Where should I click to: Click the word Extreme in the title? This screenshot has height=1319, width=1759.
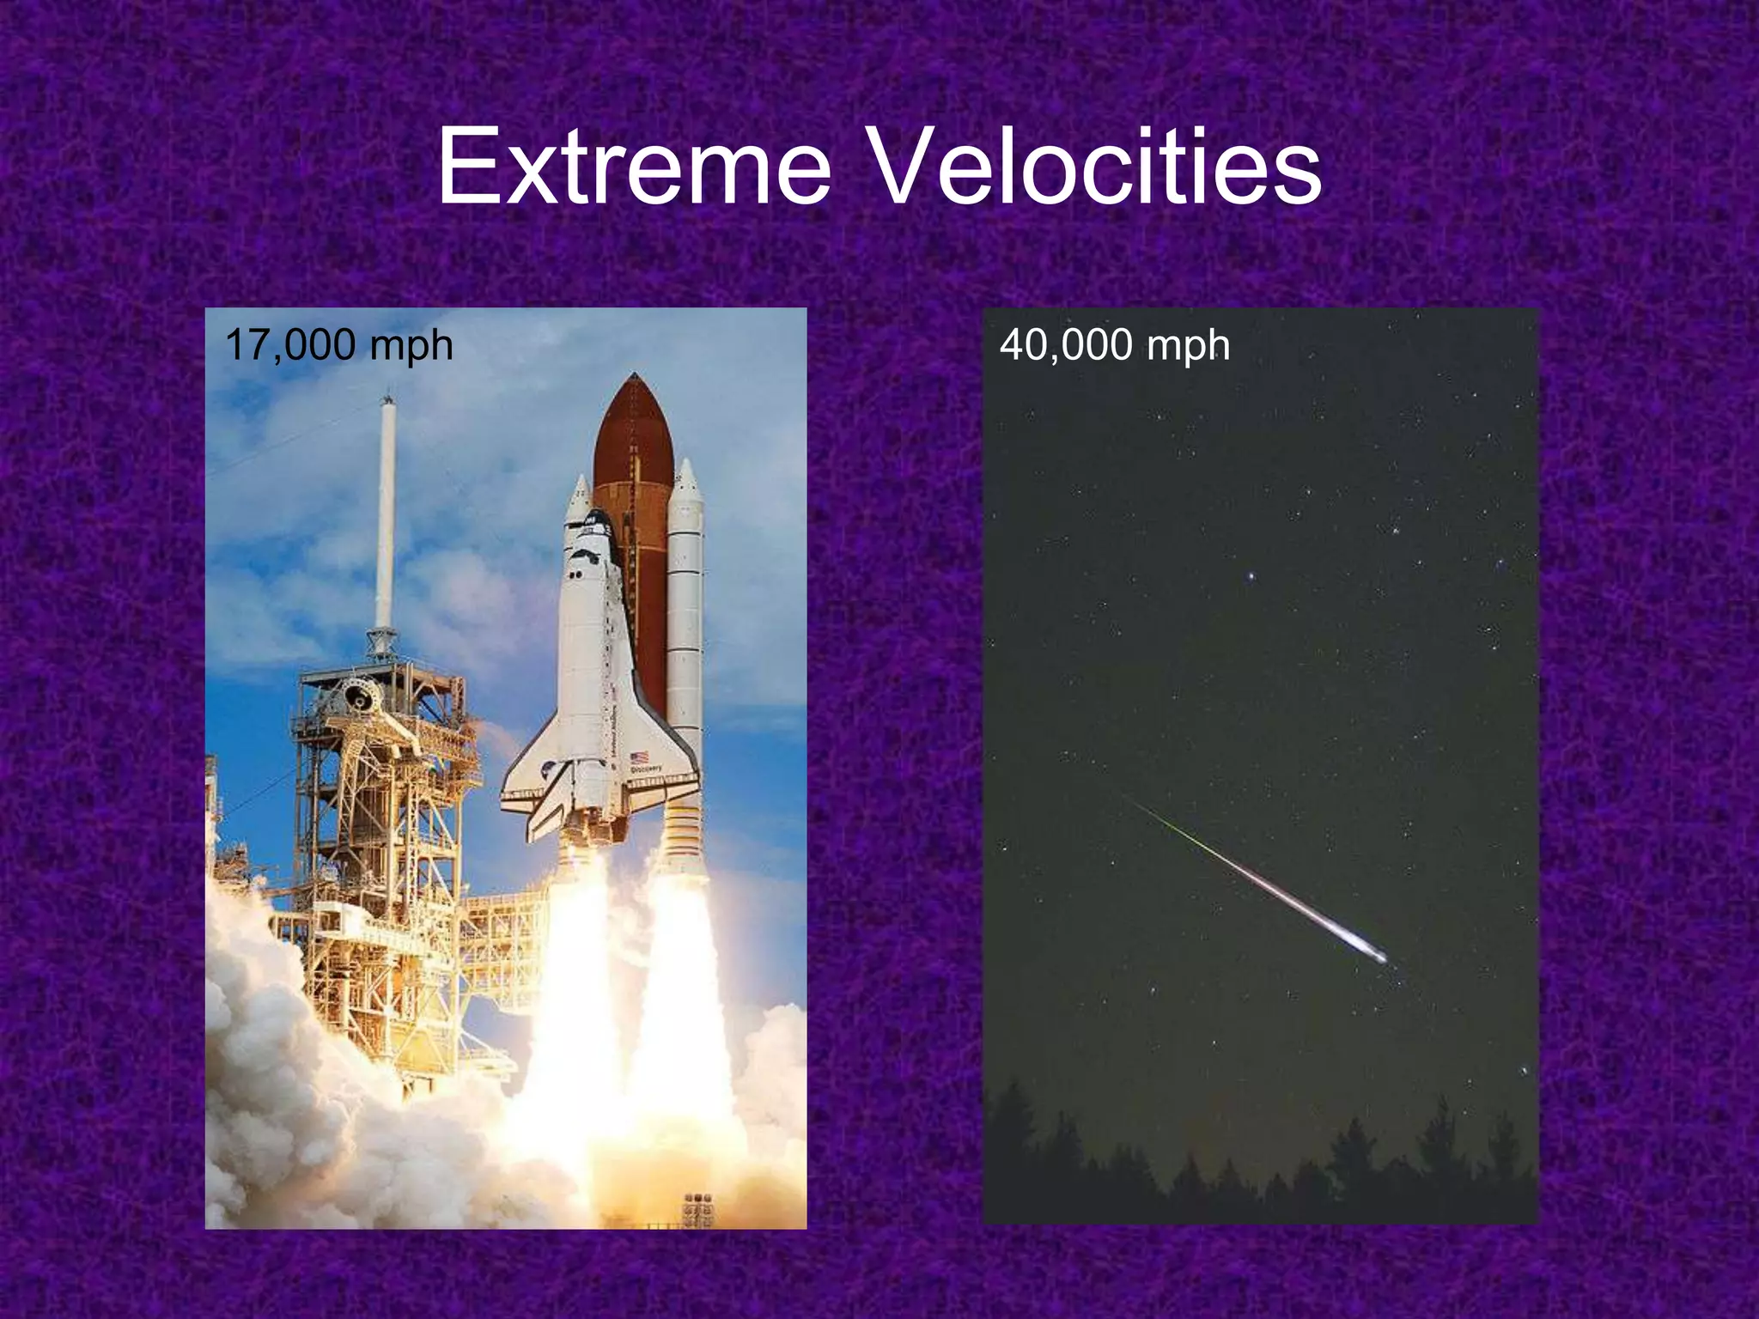[x=634, y=167]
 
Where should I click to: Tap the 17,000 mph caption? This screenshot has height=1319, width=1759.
[x=338, y=345]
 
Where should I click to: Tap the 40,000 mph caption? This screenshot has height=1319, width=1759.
[x=1114, y=345]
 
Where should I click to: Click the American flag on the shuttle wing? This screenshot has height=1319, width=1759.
[x=639, y=758]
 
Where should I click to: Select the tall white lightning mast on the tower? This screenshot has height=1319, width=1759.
[x=386, y=515]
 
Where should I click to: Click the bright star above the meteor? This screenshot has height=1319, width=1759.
[x=1252, y=575]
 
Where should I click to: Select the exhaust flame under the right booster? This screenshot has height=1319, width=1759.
[x=683, y=988]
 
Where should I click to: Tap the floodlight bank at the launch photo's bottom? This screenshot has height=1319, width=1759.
[x=697, y=1206]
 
